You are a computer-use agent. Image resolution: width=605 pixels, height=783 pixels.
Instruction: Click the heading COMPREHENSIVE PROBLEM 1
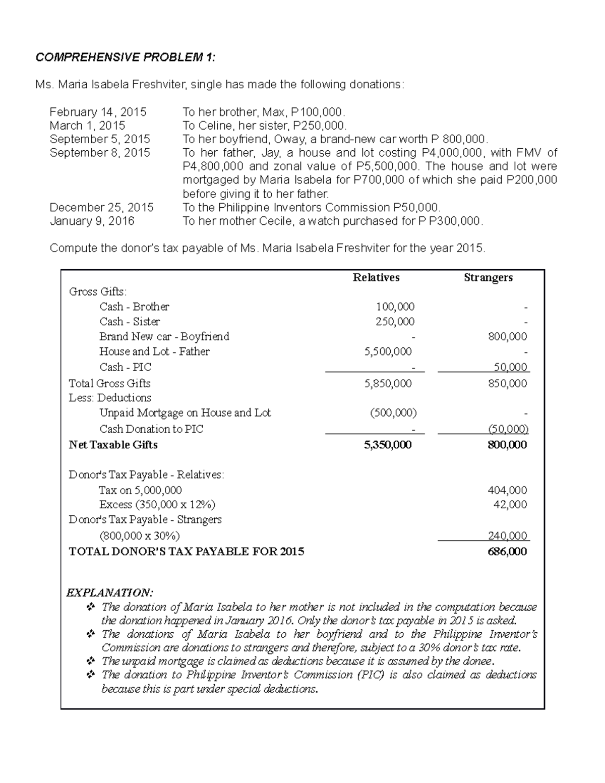pyautogui.click(x=125, y=57)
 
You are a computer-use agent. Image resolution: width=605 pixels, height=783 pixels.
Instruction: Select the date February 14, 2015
pyautogui.click(x=98, y=112)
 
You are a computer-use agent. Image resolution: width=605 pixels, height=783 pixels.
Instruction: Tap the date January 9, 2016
pyautogui.click(x=92, y=221)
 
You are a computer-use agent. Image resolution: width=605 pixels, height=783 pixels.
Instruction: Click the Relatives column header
pyautogui.click(x=376, y=277)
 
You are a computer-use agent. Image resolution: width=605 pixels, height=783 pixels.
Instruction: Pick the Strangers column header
pyautogui.click(x=488, y=277)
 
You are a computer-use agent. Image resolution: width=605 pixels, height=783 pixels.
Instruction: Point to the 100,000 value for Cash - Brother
pyautogui.click(x=395, y=307)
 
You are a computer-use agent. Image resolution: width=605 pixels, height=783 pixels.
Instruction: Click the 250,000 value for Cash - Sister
pyautogui.click(x=395, y=322)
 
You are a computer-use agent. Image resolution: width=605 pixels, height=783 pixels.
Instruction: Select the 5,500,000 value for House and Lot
pyautogui.click(x=388, y=351)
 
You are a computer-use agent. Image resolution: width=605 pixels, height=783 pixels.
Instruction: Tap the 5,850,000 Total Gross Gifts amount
pyautogui.click(x=388, y=383)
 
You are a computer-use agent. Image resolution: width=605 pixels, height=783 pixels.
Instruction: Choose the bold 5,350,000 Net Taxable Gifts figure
pyautogui.click(x=388, y=445)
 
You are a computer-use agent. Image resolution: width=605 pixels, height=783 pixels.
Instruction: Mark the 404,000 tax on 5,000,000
pyautogui.click(x=507, y=490)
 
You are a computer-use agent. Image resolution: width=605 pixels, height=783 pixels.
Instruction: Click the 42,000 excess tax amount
pyautogui.click(x=510, y=505)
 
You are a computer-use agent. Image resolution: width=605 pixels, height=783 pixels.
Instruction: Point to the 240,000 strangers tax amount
pyautogui.click(x=507, y=535)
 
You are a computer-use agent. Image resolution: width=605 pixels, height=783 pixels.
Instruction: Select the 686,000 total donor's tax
pyautogui.click(x=507, y=551)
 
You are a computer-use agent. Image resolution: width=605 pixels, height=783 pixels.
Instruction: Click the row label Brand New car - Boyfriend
pyautogui.click(x=164, y=336)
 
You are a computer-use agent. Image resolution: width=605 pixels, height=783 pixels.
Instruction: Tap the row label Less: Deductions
pyautogui.click(x=110, y=398)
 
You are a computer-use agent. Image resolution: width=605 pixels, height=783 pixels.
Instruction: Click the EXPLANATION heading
pyautogui.click(x=109, y=592)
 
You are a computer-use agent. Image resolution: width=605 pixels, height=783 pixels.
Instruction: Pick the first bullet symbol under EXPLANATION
pyautogui.click(x=91, y=607)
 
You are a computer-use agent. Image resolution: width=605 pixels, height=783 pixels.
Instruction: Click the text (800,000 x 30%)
pyautogui.click(x=139, y=535)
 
